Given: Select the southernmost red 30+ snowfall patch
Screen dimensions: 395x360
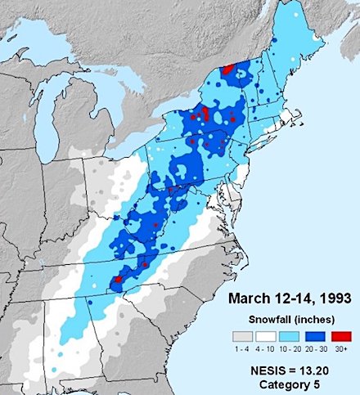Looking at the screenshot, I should [x=117, y=279].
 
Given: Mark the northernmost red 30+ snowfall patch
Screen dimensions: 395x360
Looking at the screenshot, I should [x=227, y=69].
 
